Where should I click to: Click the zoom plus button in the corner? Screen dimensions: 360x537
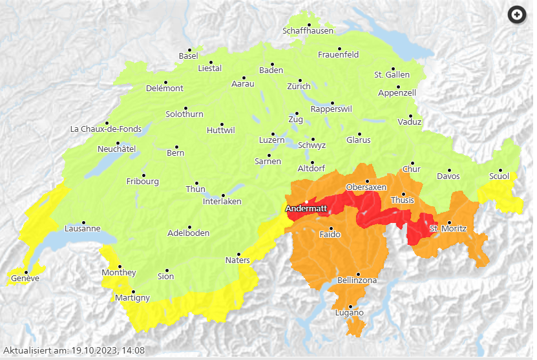click(517, 15)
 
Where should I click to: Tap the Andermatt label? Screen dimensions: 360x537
click(306, 209)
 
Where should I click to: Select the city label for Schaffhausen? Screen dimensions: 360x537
click(308, 31)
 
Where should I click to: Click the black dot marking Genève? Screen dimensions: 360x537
click(26, 272)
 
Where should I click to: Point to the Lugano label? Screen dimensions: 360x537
click(349, 313)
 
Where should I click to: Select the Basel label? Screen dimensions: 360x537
click(188, 56)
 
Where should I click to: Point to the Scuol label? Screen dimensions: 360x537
click(499, 176)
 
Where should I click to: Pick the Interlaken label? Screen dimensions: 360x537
click(222, 202)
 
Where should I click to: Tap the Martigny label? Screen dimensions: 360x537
click(132, 298)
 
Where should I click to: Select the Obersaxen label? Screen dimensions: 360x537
click(366, 187)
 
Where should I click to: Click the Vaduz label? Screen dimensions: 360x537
click(410, 122)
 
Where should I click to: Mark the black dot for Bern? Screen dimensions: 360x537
click(176, 147)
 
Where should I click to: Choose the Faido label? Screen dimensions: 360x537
click(330, 235)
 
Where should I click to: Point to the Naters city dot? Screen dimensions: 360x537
click(238, 254)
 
